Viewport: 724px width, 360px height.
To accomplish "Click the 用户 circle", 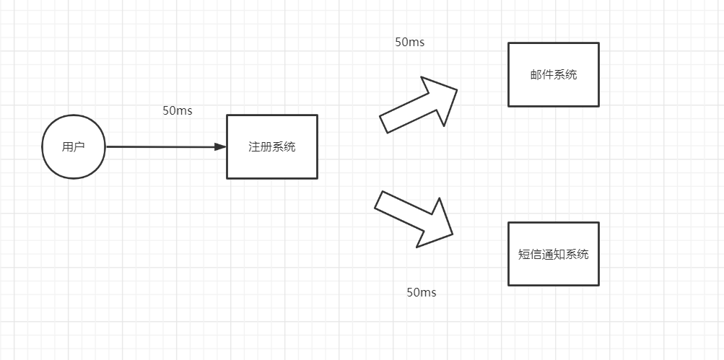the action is (74, 146).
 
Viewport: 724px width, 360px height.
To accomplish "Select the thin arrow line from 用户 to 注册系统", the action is (166, 146).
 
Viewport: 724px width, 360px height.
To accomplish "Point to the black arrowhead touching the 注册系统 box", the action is (221, 146).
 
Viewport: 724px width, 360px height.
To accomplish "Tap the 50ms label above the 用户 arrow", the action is (178, 111).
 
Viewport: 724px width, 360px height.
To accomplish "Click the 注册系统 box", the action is (272, 146).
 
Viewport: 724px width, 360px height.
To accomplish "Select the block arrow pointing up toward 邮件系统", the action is (419, 105).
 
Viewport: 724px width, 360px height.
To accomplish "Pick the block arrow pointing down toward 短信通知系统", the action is (414, 219).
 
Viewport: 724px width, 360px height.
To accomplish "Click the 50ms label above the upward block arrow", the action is (409, 42).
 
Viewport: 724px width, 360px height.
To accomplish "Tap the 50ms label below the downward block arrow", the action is (421, 293).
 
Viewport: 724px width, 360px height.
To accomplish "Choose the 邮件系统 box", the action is (554, 75).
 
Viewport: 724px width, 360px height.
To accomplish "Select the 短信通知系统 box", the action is (554, 254).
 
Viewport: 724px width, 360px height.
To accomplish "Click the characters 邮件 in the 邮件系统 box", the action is (542, 75).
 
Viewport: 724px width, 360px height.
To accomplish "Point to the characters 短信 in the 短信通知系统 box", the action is (530, 254).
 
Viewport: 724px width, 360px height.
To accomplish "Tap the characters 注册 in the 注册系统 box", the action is (261, 147).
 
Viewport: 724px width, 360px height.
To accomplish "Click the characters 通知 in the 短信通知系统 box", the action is (554, 254).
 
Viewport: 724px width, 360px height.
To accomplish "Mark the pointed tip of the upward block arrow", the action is (457, 89).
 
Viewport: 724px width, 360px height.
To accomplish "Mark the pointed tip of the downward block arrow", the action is (453, 234).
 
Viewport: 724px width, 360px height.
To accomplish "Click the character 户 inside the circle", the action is (79, 147).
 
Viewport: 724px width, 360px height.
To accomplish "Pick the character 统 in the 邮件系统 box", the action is (571, 75).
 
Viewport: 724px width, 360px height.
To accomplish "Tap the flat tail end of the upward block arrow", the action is (383, 125).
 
